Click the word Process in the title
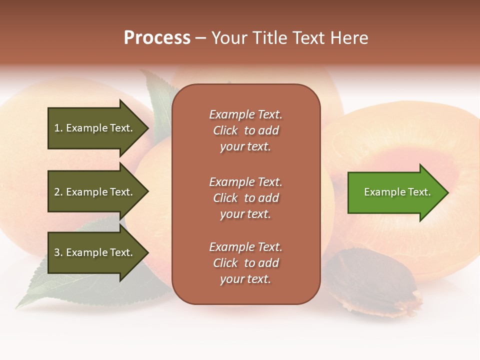[157, 38]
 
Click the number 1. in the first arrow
[58, 128]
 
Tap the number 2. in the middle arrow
[58, 192]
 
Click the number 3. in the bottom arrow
[58, 252]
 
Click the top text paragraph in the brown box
[245, 130]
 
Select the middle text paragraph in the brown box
[245, 198]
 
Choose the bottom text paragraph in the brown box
[245, 263]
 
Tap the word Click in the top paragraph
[225, 130]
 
